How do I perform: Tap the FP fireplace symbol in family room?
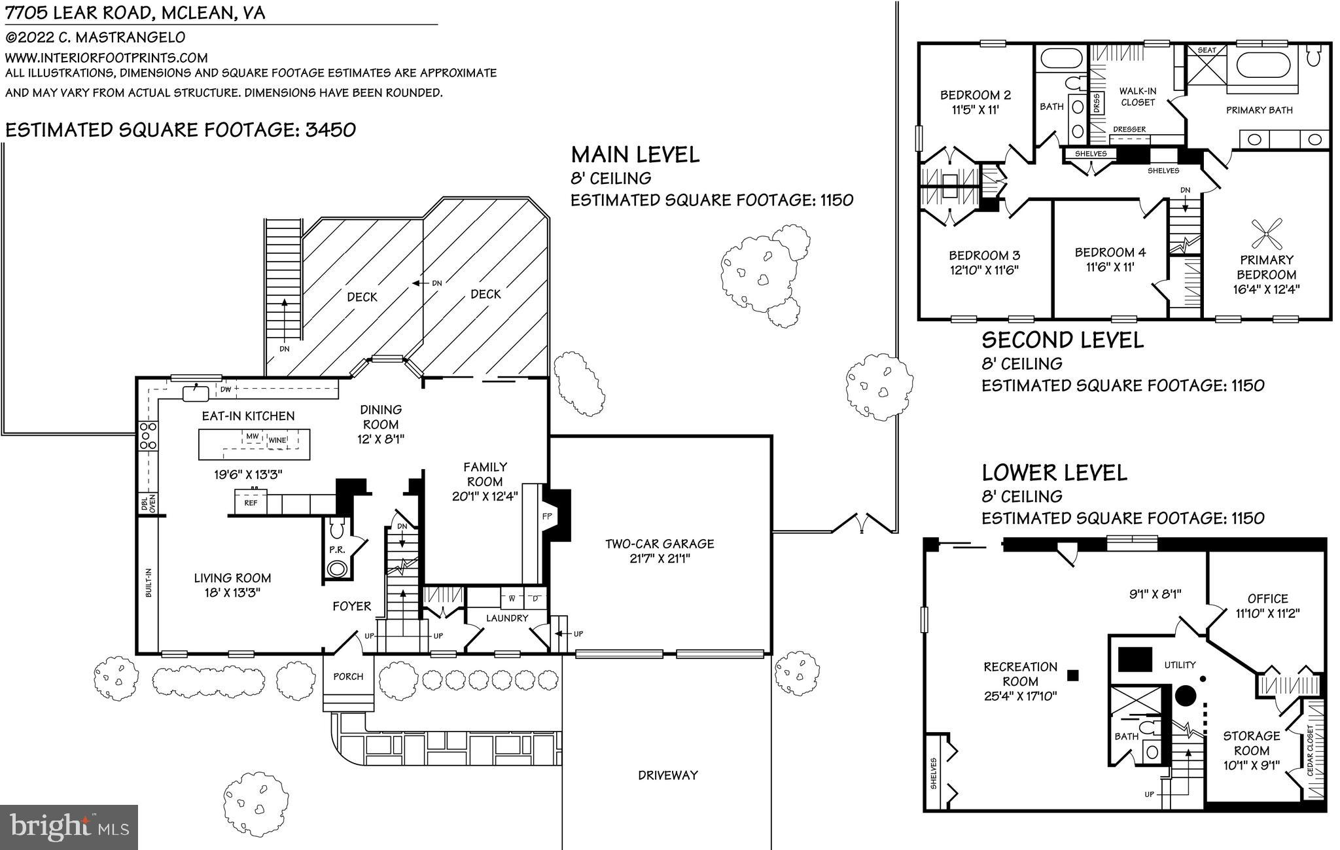[548, 516]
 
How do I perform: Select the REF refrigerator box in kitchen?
[251, 503]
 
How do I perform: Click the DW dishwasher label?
[226, 389]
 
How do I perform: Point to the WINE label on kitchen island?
[277, 440]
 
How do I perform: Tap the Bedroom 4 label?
[1110, 252]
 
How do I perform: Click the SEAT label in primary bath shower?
[1207, 50]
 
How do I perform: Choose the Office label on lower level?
[1267, 599]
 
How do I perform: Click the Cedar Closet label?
[1310, 751]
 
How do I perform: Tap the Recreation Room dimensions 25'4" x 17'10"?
[1020, 696]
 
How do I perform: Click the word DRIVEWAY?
[667, 775]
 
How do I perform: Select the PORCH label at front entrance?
[348, 677]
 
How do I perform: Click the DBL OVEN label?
[149, 503]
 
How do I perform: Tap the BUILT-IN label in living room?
[149, 582]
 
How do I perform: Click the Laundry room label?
[507, 618]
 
